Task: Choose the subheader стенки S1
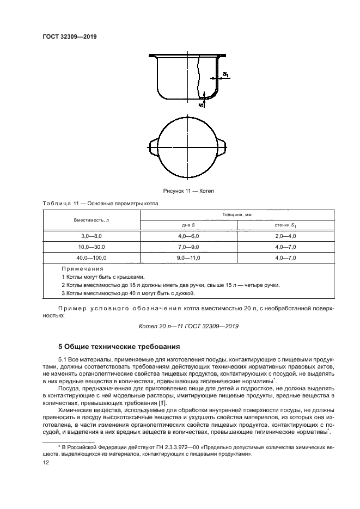[x=285, y=225]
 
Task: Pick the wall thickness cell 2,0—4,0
[x=285, y=236]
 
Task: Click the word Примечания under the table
[x=82, y=269]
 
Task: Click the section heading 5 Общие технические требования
[x=119, y=346]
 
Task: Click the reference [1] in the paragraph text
[x=162, y=402]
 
